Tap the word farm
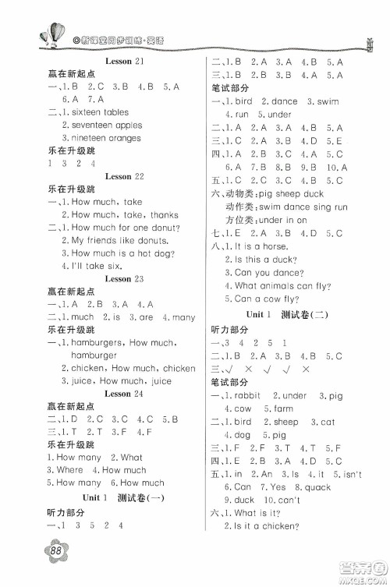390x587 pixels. (284, 408)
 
